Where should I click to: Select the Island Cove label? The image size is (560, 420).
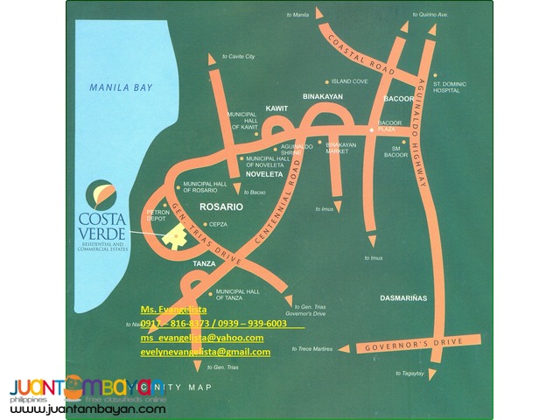tap(348, 81)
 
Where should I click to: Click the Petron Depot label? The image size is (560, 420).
tap(157, 215)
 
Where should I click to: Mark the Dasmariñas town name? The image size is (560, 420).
tap(403, 298)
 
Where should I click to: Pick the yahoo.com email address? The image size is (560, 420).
tap(201, 338)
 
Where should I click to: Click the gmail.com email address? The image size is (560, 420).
tap(206, 352)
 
